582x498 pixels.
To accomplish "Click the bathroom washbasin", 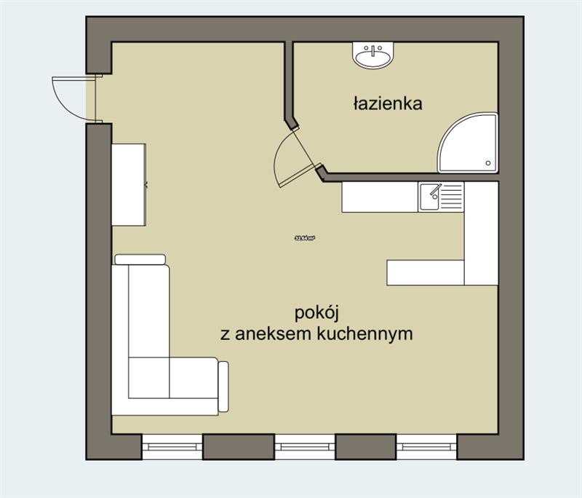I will click(374, 55).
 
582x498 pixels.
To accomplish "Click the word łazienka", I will click(387, 103).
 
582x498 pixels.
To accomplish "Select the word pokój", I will click(318, 314).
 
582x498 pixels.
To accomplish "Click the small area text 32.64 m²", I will click(304, 238).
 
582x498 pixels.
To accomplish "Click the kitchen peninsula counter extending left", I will click(425, 272).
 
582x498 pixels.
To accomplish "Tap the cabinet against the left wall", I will click(128, 184).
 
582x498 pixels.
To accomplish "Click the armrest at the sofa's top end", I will click(140, 259).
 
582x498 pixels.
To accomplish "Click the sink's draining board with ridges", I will click(452, 197).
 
